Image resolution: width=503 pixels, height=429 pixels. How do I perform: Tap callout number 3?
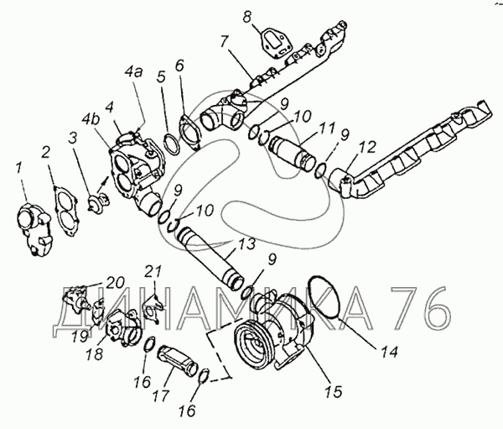coord(74,136)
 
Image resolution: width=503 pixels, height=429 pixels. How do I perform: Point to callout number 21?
coord(152,271)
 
